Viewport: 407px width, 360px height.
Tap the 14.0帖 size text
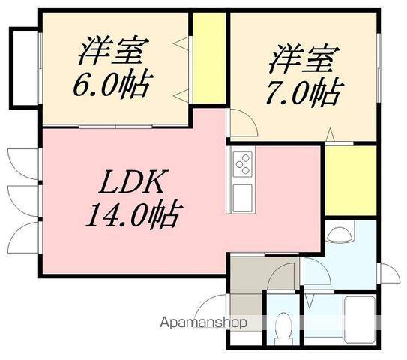pyautogui.click(x=130, y=217)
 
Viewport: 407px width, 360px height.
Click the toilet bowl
pyautogui.click(x=283, y=328)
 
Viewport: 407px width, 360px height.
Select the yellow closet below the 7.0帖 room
pyautogui.click(x=349, y=180)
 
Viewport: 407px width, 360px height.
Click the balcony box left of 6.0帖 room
pyautogui.click(x=22, y=66)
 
